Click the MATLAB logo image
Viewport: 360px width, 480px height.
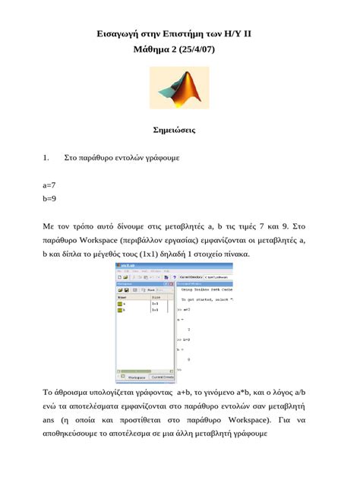[x=179, y=87]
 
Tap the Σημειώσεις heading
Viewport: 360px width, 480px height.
[x=179, y=130]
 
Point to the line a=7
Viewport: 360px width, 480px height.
[x=49, y=185]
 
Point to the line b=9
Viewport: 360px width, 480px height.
[x=49, y=199]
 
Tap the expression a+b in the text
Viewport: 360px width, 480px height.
[x=185, y=393]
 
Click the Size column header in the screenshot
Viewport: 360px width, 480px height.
[x=156, y=297]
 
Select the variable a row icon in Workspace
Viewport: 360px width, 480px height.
[x=119, y=304]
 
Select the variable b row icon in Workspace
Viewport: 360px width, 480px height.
[x=119, y=310]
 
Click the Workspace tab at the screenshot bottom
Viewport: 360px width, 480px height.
[x=136, y=377]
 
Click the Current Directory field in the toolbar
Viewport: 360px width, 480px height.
[x=204, y=278]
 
